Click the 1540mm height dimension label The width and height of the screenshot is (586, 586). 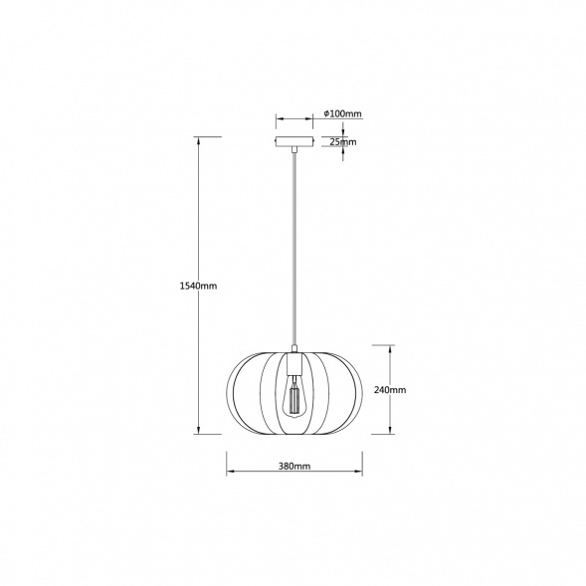[198, 286]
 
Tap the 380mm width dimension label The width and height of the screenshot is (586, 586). [294, 466]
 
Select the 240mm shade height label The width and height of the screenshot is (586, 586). [390, 390]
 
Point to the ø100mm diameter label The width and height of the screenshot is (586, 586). [342, 113]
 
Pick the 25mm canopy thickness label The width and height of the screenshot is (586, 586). [343, 142]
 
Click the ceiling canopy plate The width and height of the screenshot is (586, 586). [294, 141]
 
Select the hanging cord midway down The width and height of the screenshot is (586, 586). [294, 249]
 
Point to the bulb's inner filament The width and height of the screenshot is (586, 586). [294, 399]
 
